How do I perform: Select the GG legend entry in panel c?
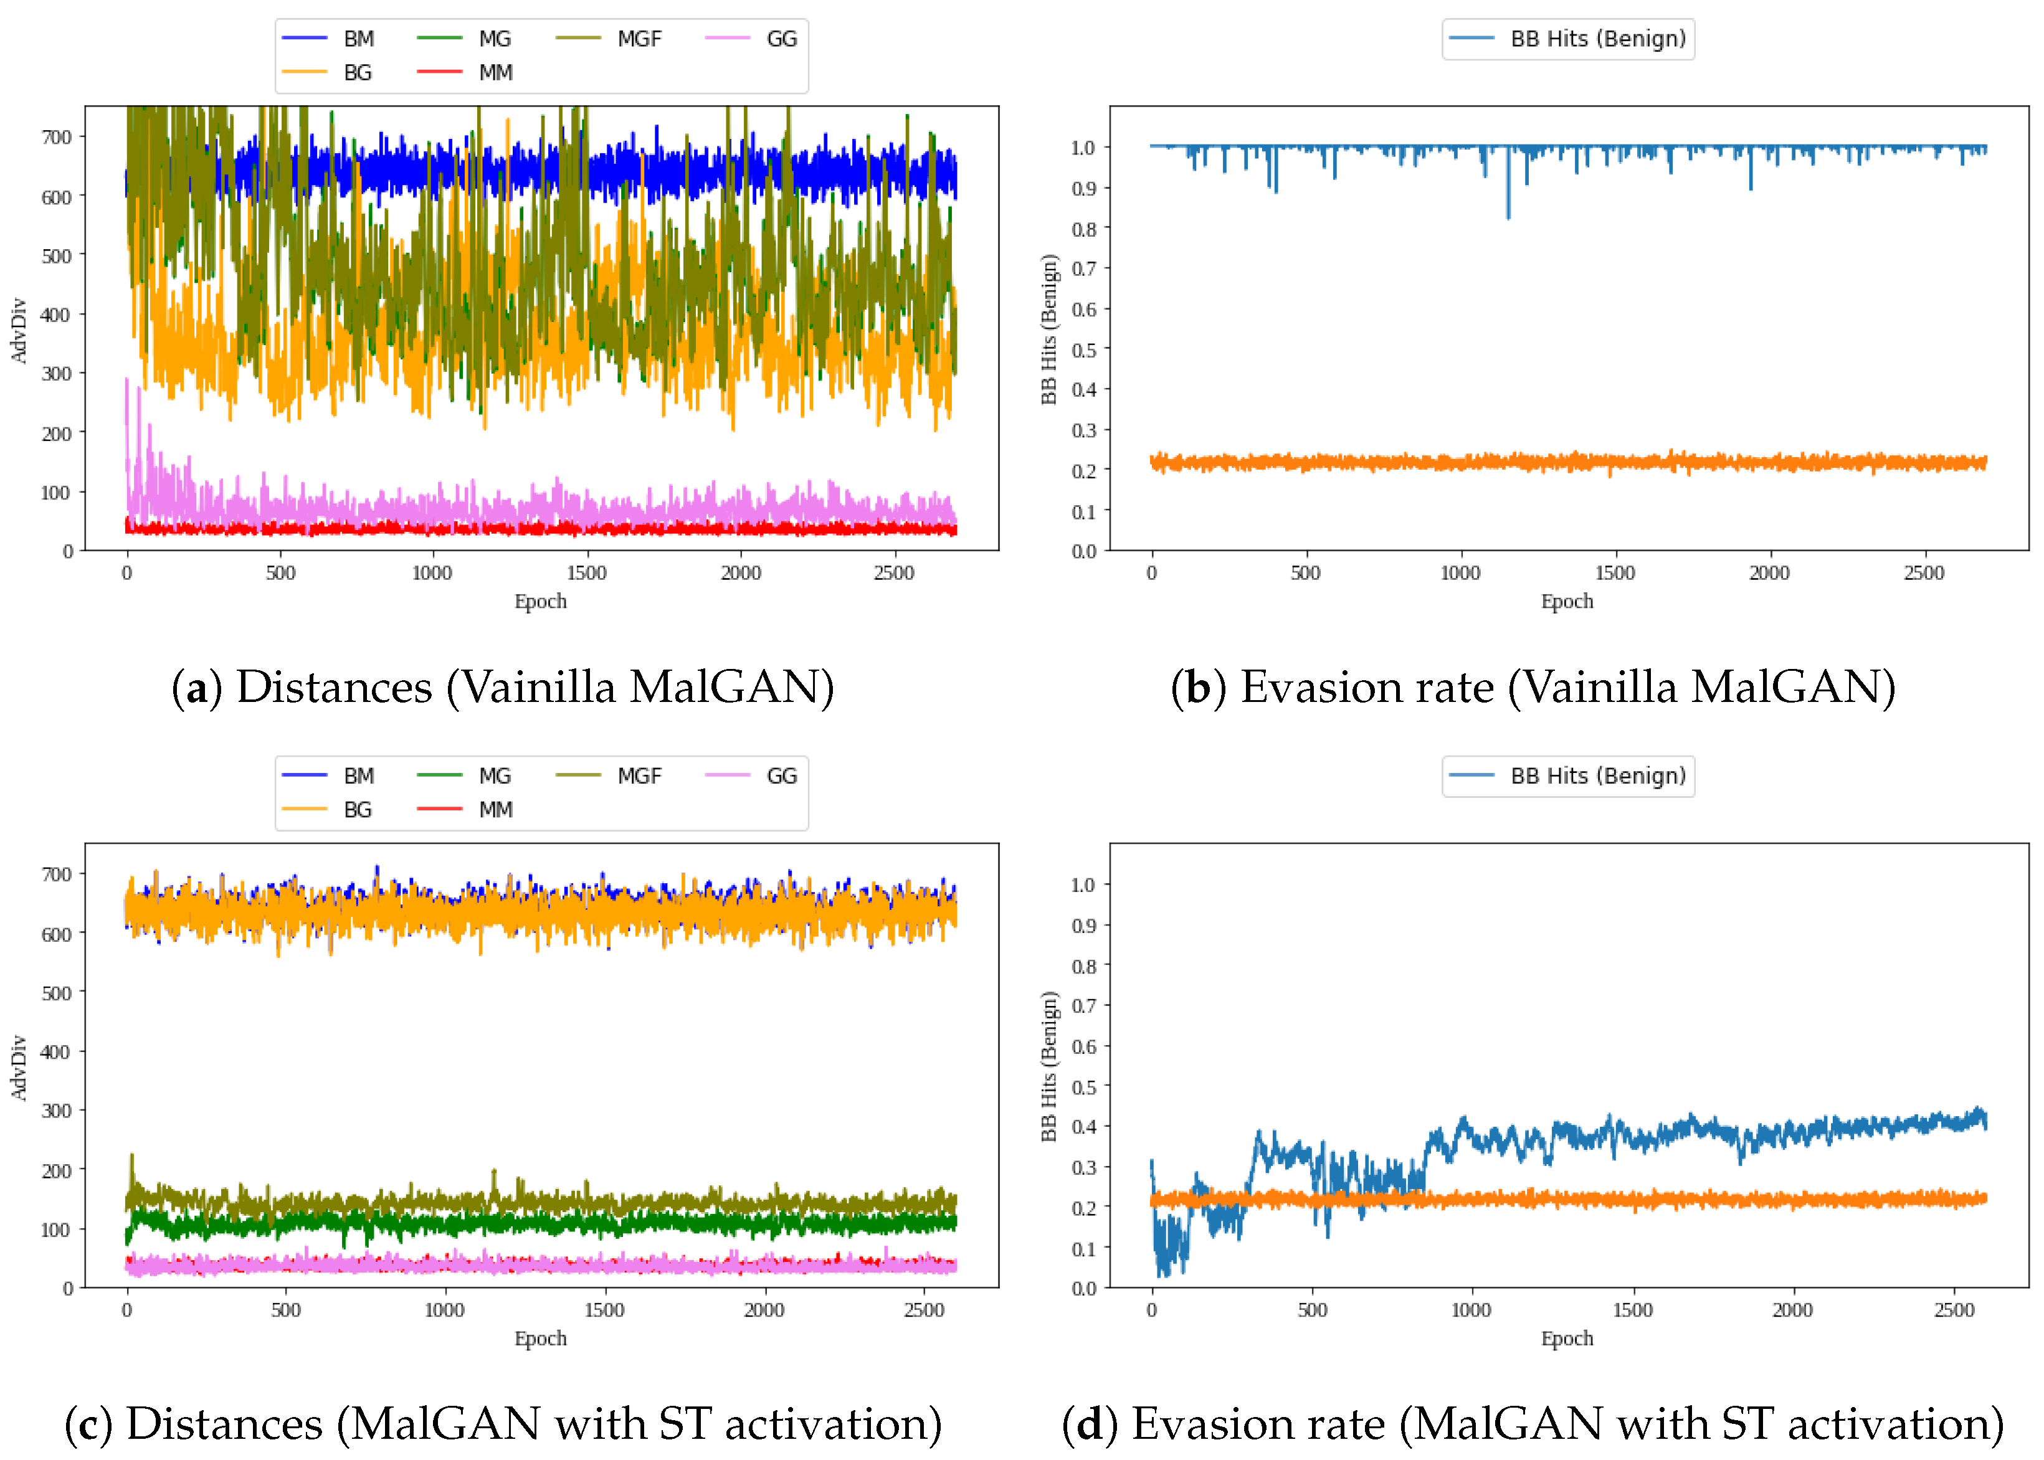point(781,776)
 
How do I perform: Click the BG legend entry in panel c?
point(357,810)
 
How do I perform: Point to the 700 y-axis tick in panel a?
point(57,136)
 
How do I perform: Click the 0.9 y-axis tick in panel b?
point(1083,188)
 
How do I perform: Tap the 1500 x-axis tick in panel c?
point(604,1310)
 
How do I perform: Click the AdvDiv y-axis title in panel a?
point(19,330)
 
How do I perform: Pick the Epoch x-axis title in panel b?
point(1567,602)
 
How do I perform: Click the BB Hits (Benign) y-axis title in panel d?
point(1048,1066)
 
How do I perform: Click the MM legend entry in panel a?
point(495,73)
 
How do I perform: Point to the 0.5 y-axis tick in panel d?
point(1083,1087)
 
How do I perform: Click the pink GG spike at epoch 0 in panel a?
point(127,382)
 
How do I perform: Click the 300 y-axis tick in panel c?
point(57,1111)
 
